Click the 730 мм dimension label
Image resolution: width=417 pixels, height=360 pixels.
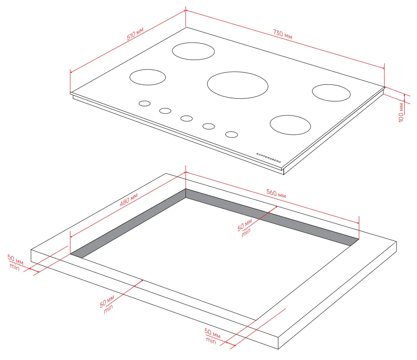point(282,34)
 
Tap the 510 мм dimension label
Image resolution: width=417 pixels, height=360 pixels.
point(135,34)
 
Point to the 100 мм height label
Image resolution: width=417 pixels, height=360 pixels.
point(401,112)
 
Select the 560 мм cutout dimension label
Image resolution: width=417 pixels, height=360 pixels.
point(276,193)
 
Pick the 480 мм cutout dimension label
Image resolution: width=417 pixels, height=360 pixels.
point(129,200)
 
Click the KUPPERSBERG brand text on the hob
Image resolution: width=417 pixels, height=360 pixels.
point(268,158)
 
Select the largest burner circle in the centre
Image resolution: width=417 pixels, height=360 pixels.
point(238,85)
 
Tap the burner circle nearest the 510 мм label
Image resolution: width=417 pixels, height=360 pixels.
point(193,51)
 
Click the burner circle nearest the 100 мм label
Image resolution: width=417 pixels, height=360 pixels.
point(331,92)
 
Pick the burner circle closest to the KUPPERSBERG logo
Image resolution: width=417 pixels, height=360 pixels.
point(290,125)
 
